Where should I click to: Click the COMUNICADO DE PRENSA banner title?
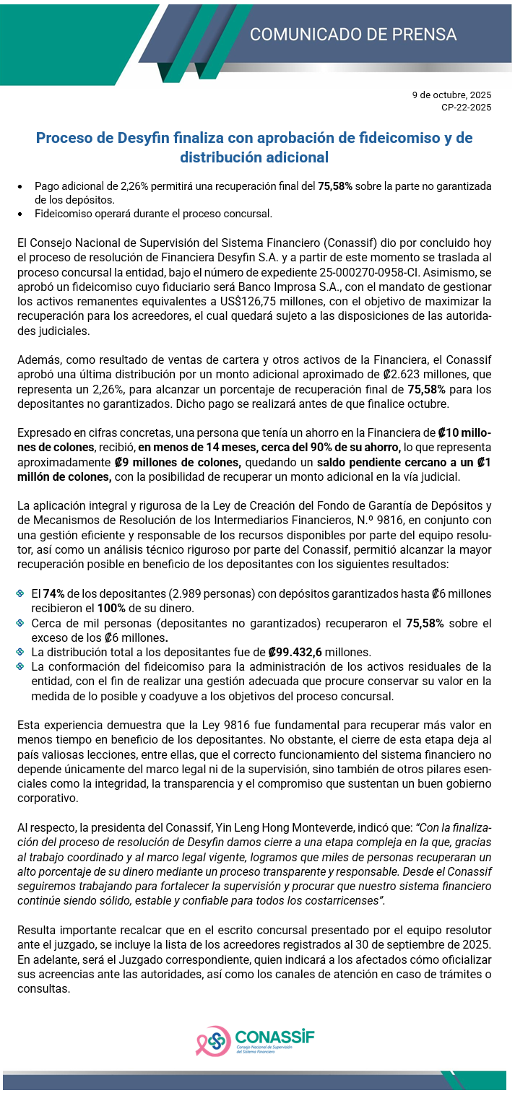point(353,35)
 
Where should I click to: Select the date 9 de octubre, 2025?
point(451,95)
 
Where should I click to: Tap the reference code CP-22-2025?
point(467,108)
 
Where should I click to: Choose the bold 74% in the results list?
point(53,593)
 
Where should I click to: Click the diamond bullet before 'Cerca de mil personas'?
point(22,623)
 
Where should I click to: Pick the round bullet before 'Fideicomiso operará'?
point(22,214)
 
